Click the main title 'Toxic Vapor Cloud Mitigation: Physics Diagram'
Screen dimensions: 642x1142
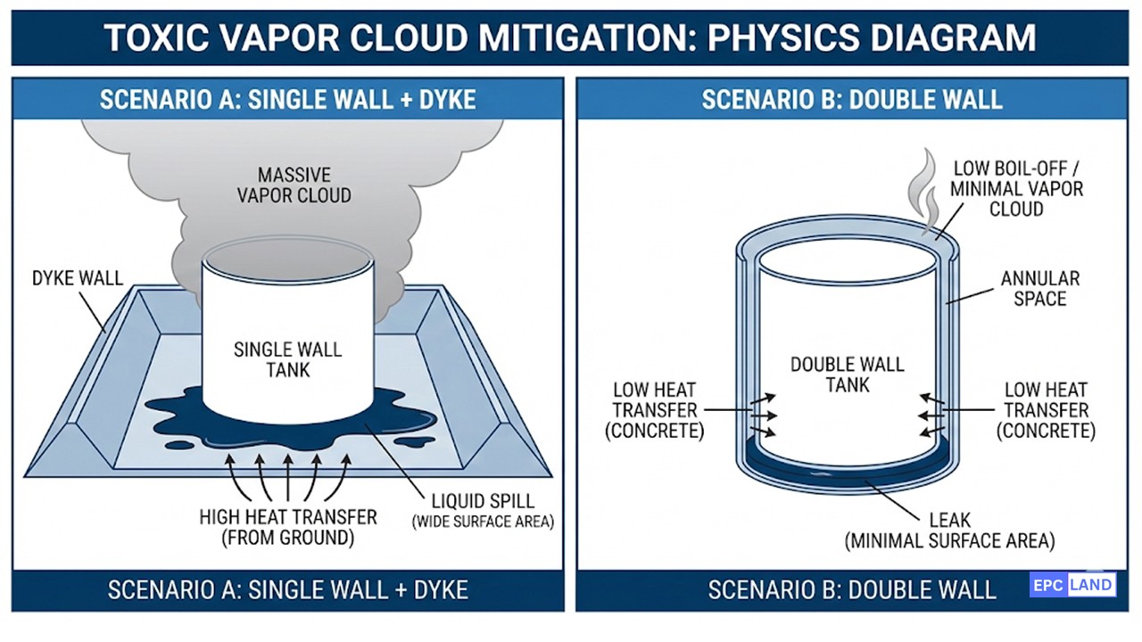(570, 37)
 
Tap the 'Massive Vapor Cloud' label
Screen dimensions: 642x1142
(294, 184)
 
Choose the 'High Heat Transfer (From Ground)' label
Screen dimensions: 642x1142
(287, 527)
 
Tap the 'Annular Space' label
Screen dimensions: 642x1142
(1039, 289)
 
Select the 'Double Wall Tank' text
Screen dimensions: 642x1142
(847, 374)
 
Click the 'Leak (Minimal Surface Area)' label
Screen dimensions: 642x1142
(949, 530)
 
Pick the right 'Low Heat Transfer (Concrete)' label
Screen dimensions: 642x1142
(1047, 410)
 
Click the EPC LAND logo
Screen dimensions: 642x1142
(1072, 585)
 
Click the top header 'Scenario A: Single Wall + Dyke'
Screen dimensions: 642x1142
(287, 98)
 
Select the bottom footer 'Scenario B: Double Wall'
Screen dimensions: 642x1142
(852, 589)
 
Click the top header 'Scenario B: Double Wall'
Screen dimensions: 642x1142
(852, 98)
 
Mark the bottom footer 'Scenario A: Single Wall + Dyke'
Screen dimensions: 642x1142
(287, 589)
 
